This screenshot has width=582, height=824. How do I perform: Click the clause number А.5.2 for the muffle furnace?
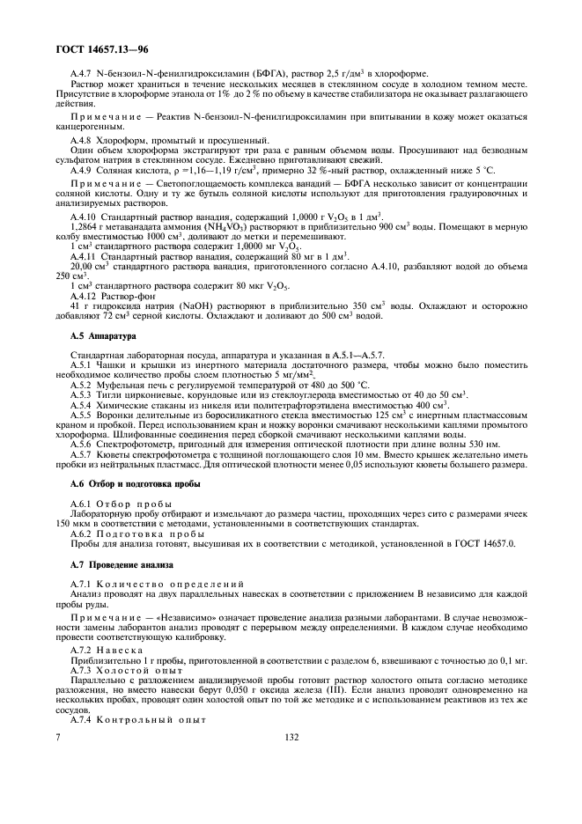click(85, 383)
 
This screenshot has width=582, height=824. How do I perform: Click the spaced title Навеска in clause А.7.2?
click(129, 652)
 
